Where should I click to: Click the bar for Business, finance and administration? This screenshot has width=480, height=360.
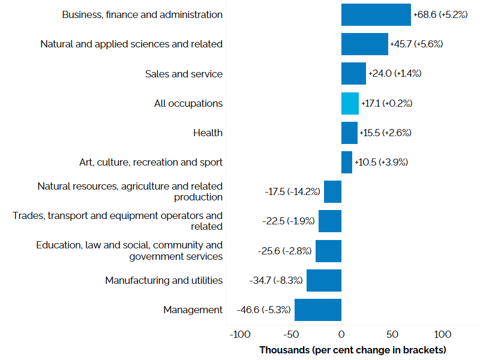pos(376,14)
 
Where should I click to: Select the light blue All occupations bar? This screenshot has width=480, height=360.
pos(350,103)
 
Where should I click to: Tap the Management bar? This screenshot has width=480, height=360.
pos(317,310)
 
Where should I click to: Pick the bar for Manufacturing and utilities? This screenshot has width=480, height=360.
pos(323,280)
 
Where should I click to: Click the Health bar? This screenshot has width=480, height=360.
pos(349,133)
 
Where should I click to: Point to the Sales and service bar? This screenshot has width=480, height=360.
pos(353,74)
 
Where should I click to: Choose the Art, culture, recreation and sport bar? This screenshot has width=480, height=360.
pos(347,162)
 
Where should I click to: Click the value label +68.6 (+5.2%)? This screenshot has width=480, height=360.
pos(440,14)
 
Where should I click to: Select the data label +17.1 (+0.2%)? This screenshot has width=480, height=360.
pos(386,103)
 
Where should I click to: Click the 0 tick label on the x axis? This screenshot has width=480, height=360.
pos(341,334)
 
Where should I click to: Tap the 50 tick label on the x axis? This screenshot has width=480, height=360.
pos(392,334)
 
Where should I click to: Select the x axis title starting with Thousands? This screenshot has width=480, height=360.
pos(353,350)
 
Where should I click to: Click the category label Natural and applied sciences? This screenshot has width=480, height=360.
pos(131,44)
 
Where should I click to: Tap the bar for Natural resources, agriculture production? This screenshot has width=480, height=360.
pos(332,191)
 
